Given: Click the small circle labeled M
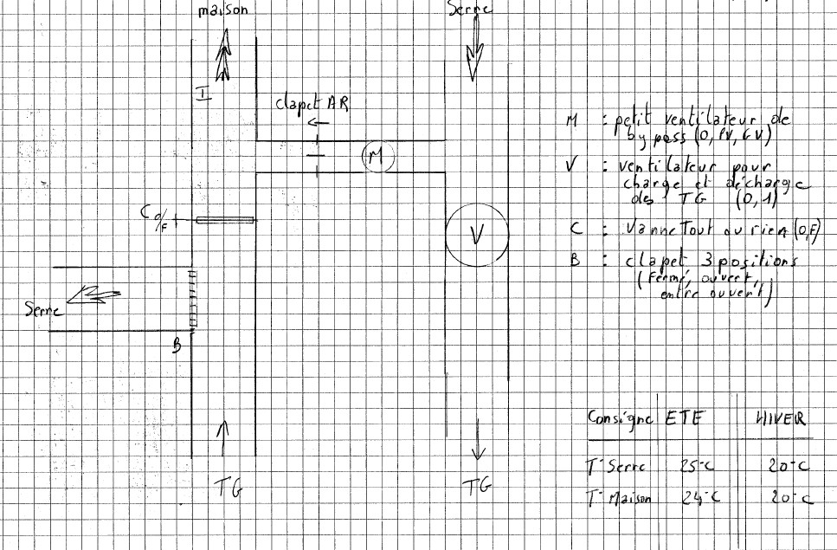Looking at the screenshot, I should click(377, 156).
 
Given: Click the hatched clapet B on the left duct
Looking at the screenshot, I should click(193, 298).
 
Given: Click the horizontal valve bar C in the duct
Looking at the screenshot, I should click(224, 221).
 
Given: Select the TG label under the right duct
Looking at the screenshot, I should click(478, 488).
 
